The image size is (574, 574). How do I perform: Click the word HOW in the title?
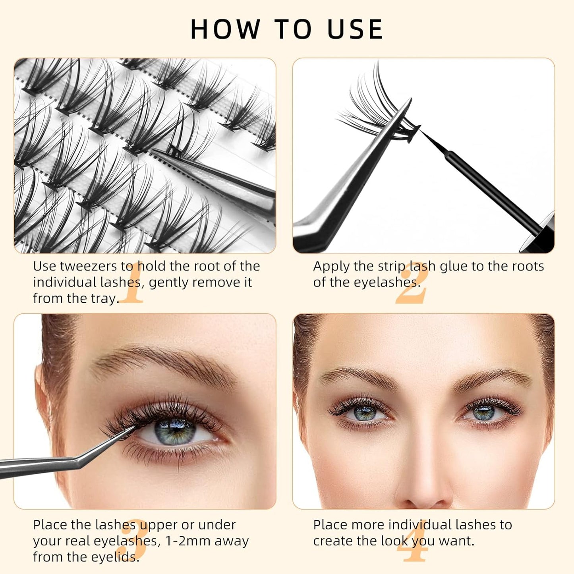225,29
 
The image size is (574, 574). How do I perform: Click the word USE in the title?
355,29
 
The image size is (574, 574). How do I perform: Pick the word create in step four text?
332,541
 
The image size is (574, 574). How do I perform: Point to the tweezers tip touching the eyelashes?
133,428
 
